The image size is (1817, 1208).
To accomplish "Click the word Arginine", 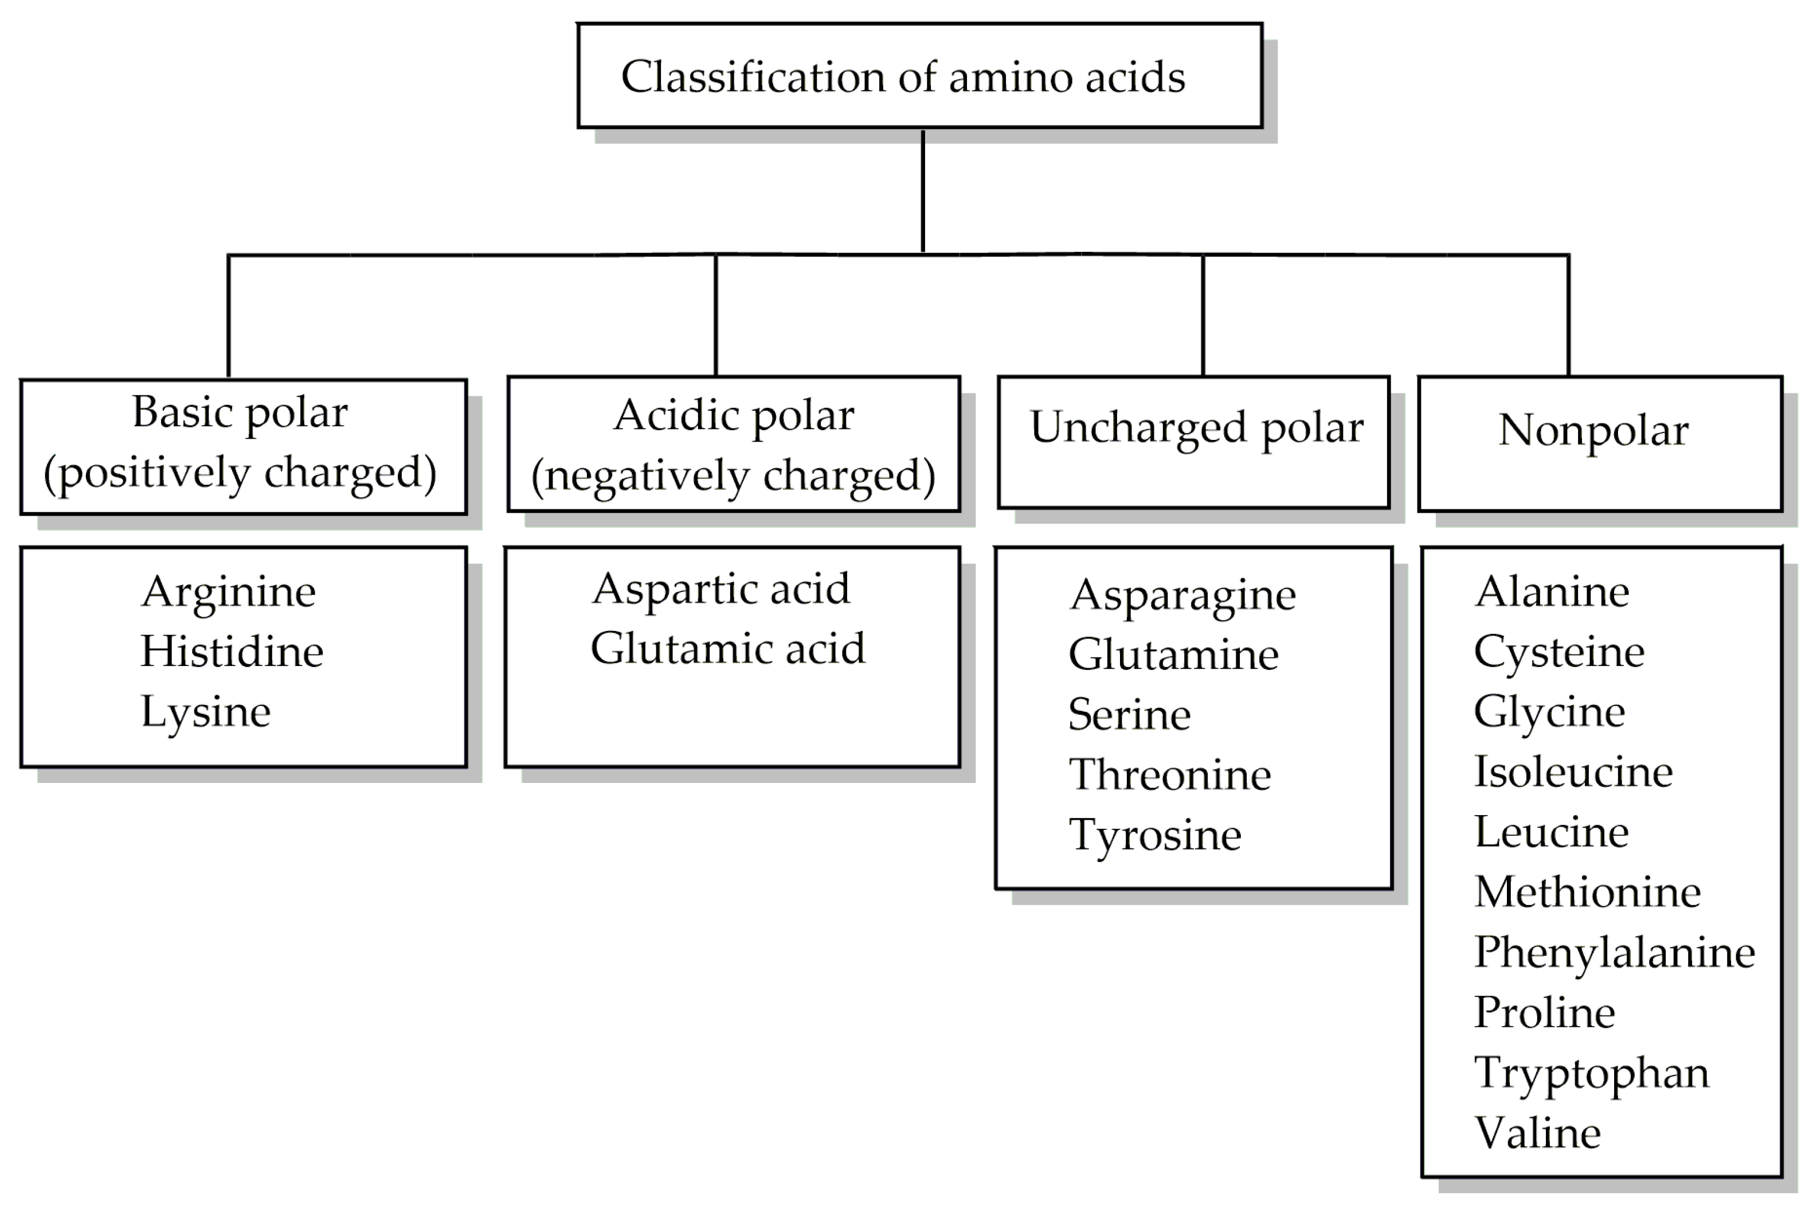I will (228, 592).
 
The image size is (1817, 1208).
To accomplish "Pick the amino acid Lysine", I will (206, 711).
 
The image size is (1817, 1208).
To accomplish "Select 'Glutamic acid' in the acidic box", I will (727, 648).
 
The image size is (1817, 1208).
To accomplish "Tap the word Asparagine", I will (1182, 595).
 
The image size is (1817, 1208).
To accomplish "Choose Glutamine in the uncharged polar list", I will (1173, 655).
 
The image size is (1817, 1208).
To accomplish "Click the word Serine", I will (1130, 714).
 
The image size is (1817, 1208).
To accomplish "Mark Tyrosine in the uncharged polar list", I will (1155, 835).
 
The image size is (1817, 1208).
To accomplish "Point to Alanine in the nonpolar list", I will (1552, 592).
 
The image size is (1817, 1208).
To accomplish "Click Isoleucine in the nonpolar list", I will (1573, 772).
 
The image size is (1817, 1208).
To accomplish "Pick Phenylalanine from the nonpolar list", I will (1615, 952).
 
